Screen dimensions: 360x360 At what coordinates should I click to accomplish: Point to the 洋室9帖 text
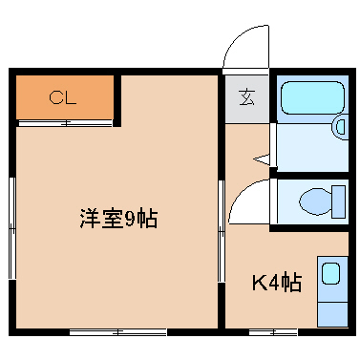(x=117, y=218)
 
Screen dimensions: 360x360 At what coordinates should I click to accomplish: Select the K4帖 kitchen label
(x=277, y=284)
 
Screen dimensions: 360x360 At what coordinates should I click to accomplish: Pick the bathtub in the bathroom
(x=310, y=97)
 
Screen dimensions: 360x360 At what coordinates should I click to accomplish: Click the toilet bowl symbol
(x=314, y=201)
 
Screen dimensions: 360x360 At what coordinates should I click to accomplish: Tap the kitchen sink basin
(x=330, y=275)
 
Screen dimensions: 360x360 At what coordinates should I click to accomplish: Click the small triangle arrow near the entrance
(x=259, y=159)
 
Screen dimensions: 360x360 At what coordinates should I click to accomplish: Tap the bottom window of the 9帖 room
(x=117, y=331)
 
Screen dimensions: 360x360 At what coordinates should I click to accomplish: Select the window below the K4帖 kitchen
(x=272, y=331)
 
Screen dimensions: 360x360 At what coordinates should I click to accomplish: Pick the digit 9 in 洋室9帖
(x=129, y=218)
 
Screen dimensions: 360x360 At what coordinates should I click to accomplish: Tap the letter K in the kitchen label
(x=259, y=284)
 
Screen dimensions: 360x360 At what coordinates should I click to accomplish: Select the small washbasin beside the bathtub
(x=341, y=126)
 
